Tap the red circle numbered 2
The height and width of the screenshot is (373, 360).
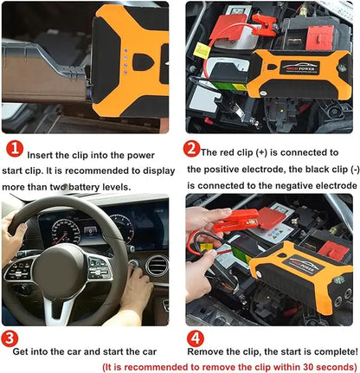[x=192, y=148]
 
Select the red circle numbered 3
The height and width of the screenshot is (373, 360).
[x=11, y=338]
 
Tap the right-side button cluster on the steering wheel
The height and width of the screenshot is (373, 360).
[x=99, y=269]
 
